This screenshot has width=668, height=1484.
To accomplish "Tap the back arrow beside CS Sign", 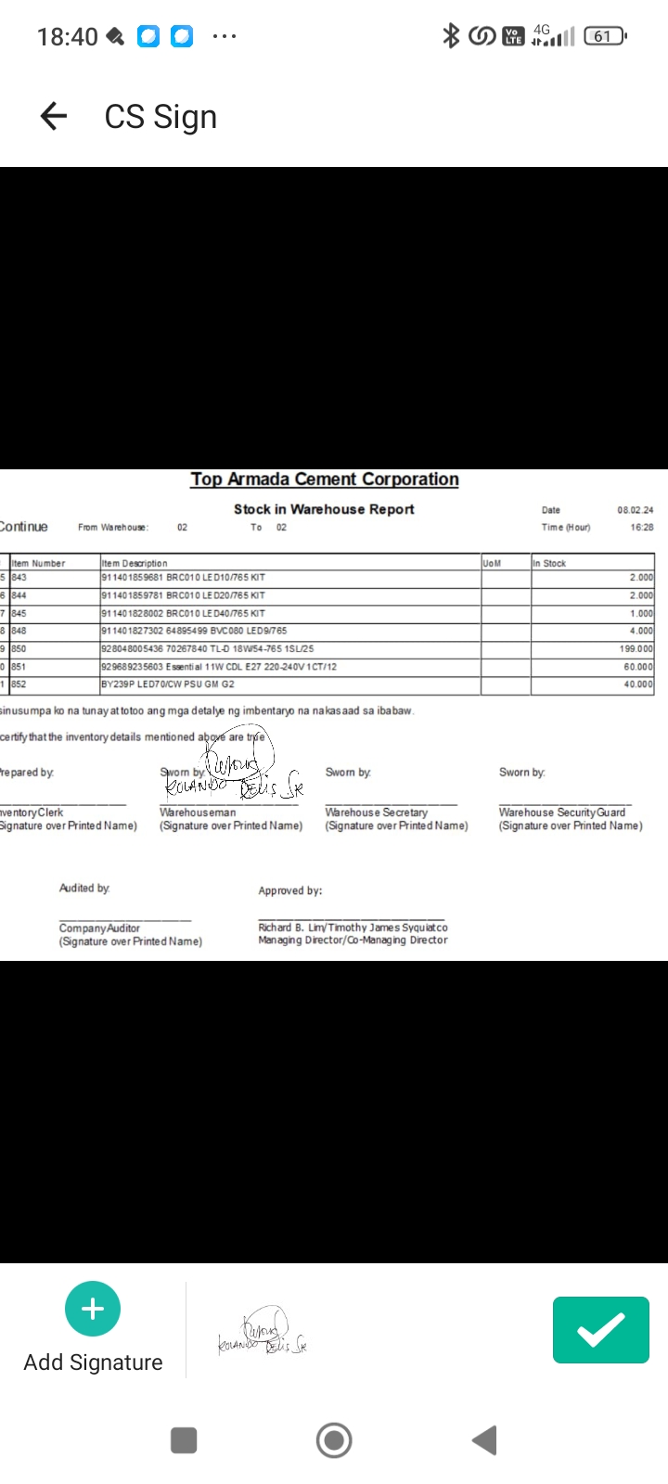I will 54,116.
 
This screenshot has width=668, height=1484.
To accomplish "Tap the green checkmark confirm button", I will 600,1330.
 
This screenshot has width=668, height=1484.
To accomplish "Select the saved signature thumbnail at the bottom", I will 263,1332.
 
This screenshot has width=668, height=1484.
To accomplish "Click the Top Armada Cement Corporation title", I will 325,480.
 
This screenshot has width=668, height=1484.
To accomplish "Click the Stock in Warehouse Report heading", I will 324,509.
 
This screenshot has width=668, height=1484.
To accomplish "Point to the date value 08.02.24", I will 635,510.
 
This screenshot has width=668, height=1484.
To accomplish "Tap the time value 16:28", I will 641,527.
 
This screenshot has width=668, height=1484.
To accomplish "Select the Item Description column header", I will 135,563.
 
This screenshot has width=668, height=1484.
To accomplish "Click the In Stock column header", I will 549,563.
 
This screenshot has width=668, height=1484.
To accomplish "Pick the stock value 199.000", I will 636,649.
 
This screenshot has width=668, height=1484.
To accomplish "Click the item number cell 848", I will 19,631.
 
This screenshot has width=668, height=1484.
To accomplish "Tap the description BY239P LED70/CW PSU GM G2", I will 168,684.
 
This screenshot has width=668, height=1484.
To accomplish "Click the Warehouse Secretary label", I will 376,812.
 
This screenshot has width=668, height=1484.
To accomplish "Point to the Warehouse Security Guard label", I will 562,812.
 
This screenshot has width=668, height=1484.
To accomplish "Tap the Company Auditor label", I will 99,927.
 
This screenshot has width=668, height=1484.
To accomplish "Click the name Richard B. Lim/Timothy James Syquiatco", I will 353,927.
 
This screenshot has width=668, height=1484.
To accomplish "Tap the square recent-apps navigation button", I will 184,1440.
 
